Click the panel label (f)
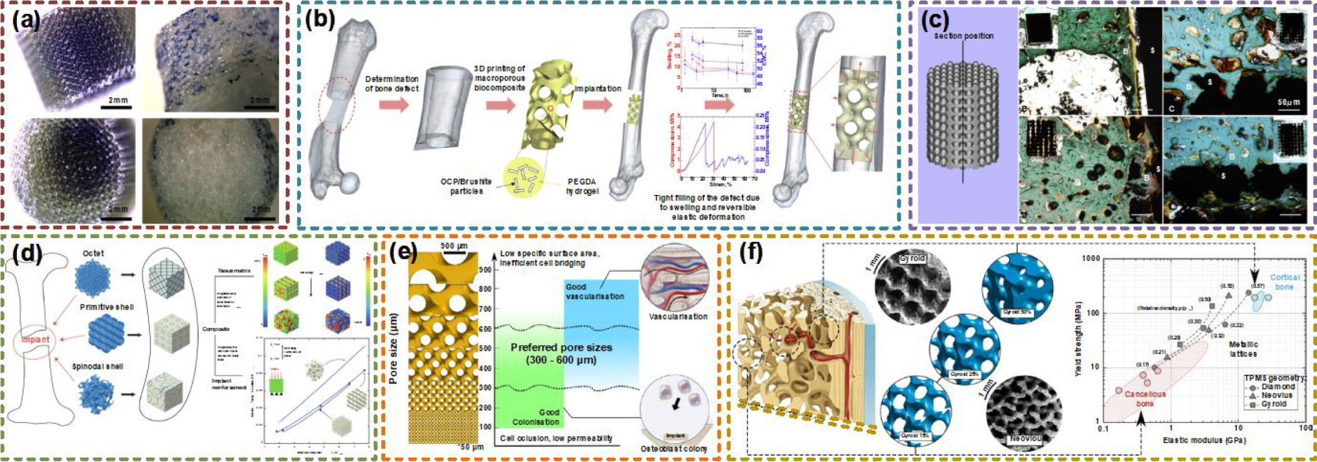[751, 252]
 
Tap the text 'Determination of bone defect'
[391, 83]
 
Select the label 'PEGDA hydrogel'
[583, 186]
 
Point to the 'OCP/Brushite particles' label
[465, 186]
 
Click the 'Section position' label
[963, 36]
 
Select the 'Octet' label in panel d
[93, 253]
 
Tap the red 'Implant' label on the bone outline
[35, 339]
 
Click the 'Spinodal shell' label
[97, 366]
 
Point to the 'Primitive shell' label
[106, 307]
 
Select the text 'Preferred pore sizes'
[561, 347]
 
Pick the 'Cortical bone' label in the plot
[1284, 281]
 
